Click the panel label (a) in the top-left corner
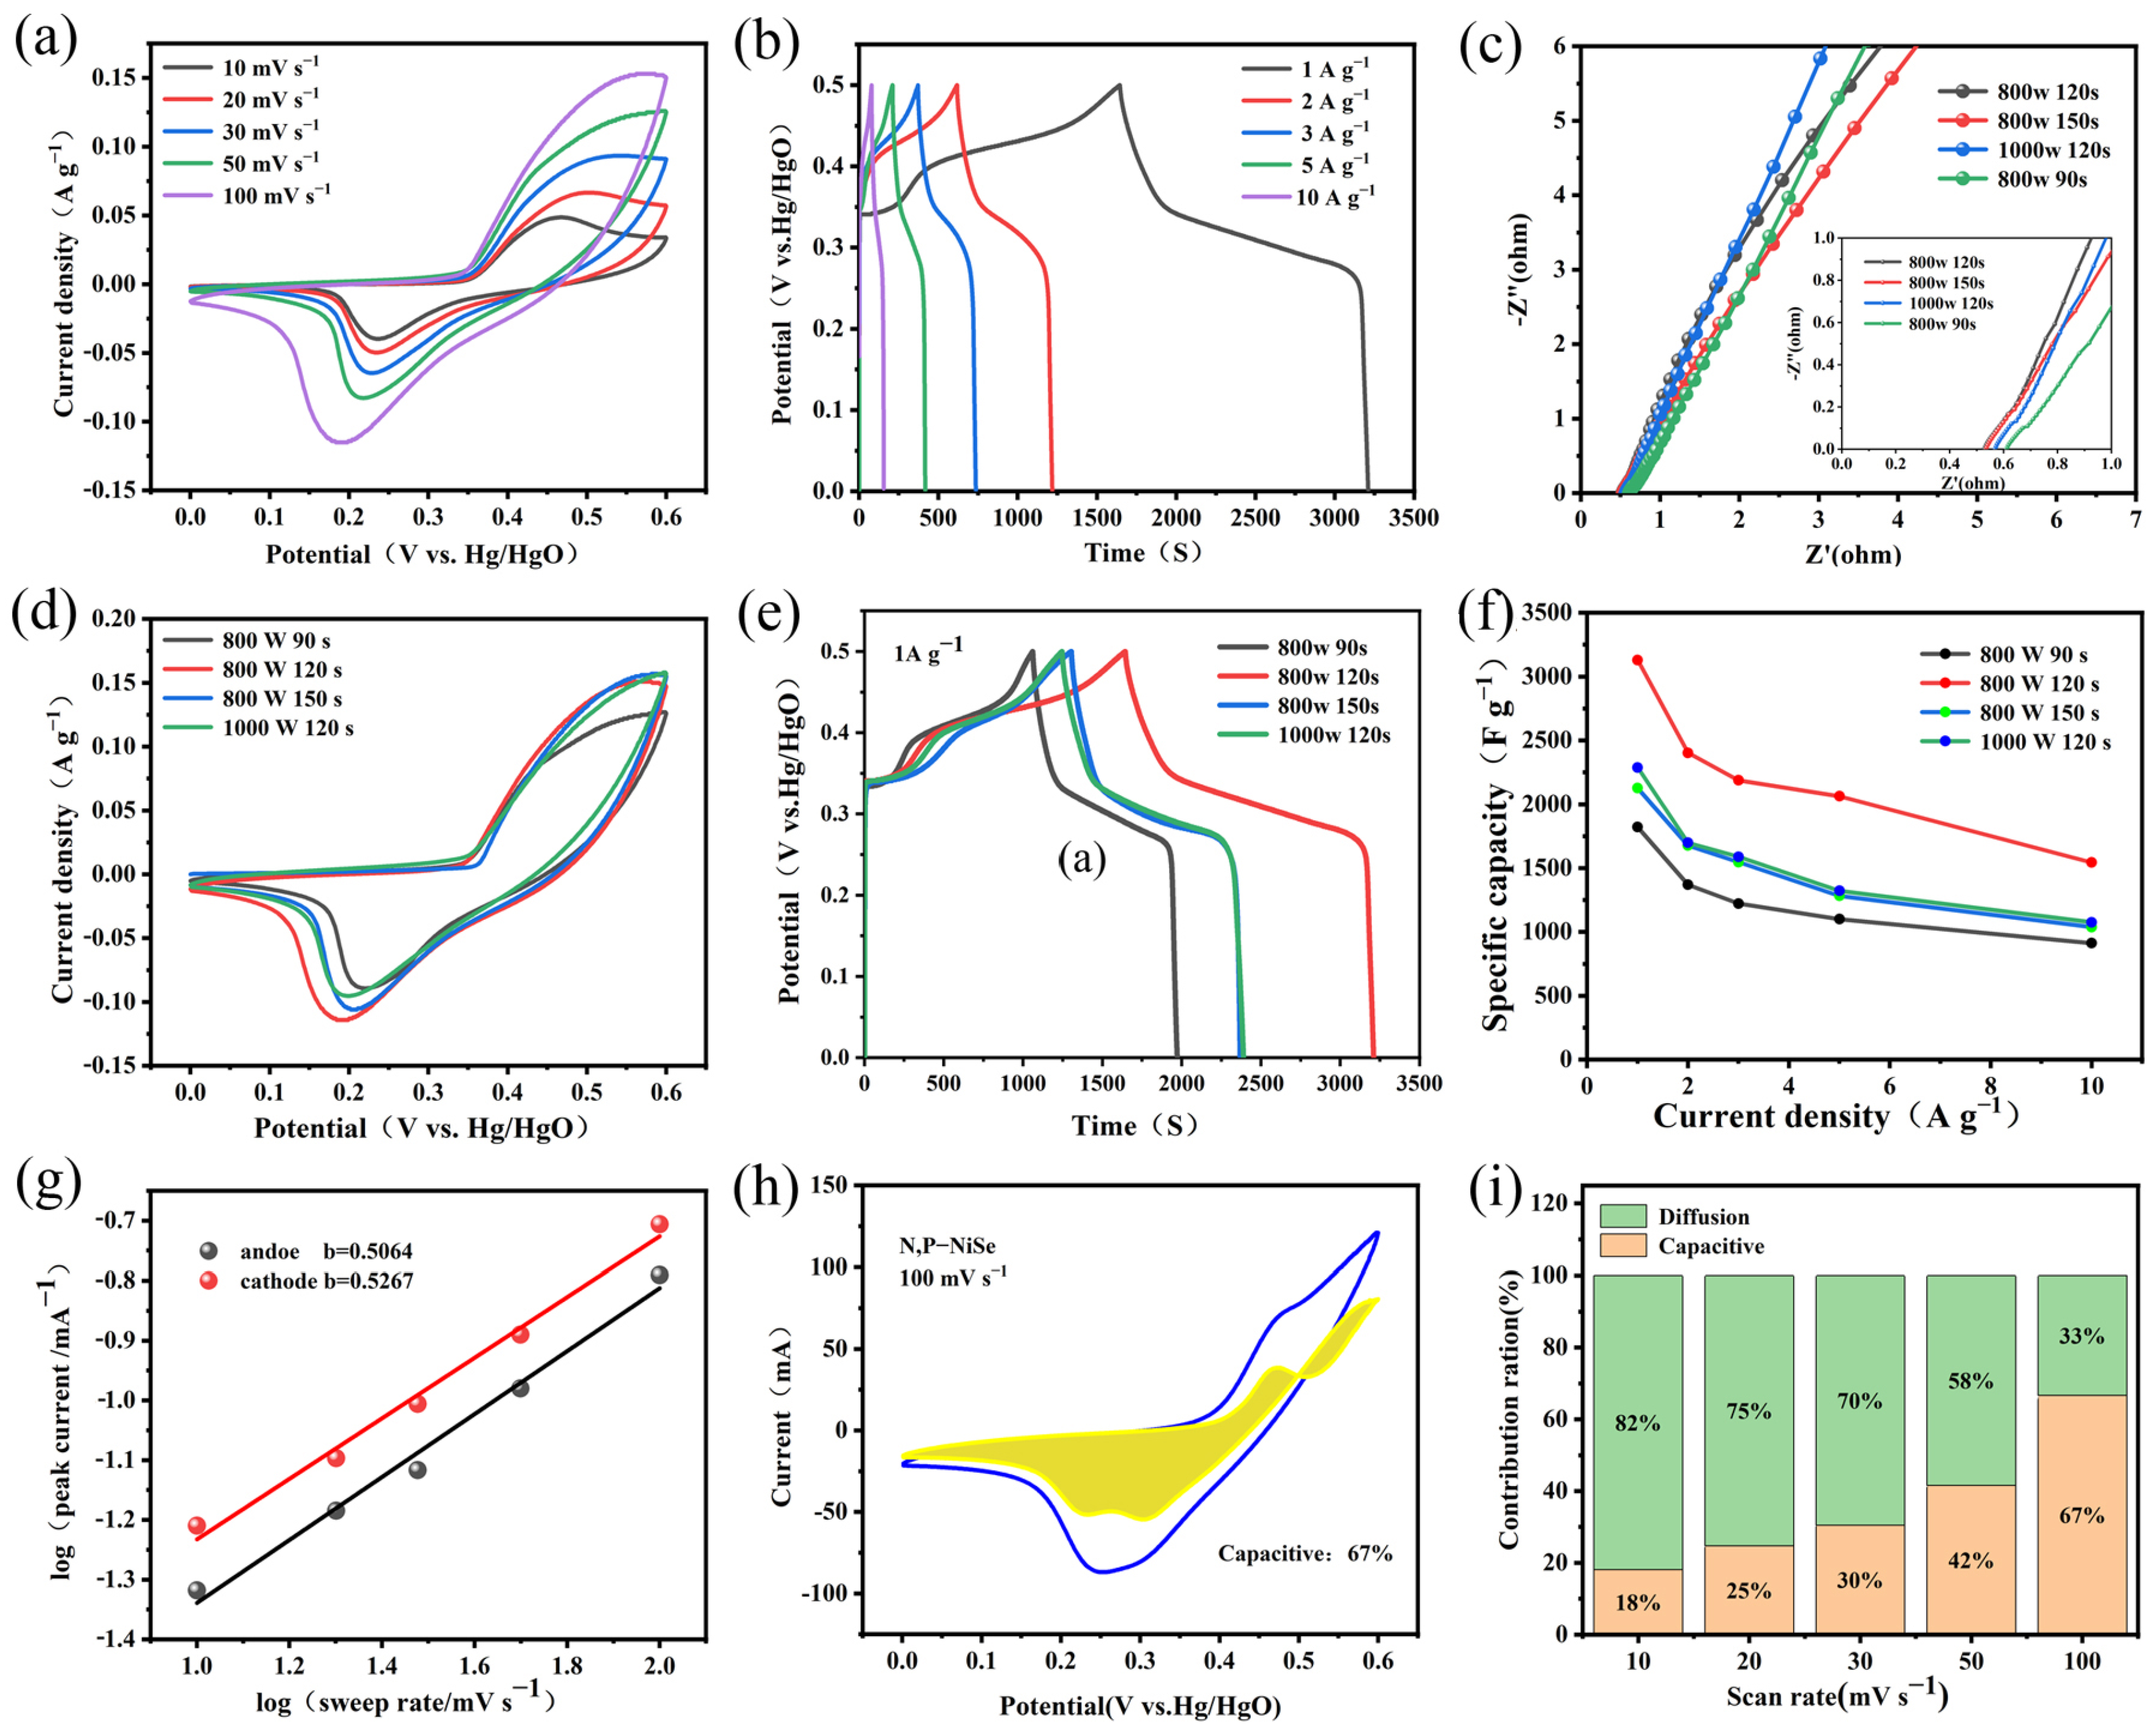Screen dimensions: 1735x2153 45,42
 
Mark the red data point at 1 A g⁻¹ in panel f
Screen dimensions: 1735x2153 1637,660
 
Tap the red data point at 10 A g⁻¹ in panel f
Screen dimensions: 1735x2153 2091,863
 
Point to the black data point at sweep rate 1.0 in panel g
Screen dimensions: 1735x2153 197,1590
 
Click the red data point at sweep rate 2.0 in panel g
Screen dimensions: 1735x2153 659,1224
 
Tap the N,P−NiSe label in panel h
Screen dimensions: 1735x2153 947,1247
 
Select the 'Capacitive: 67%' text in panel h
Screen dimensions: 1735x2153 1304,1553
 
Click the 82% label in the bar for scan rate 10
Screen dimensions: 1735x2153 1637,1423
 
